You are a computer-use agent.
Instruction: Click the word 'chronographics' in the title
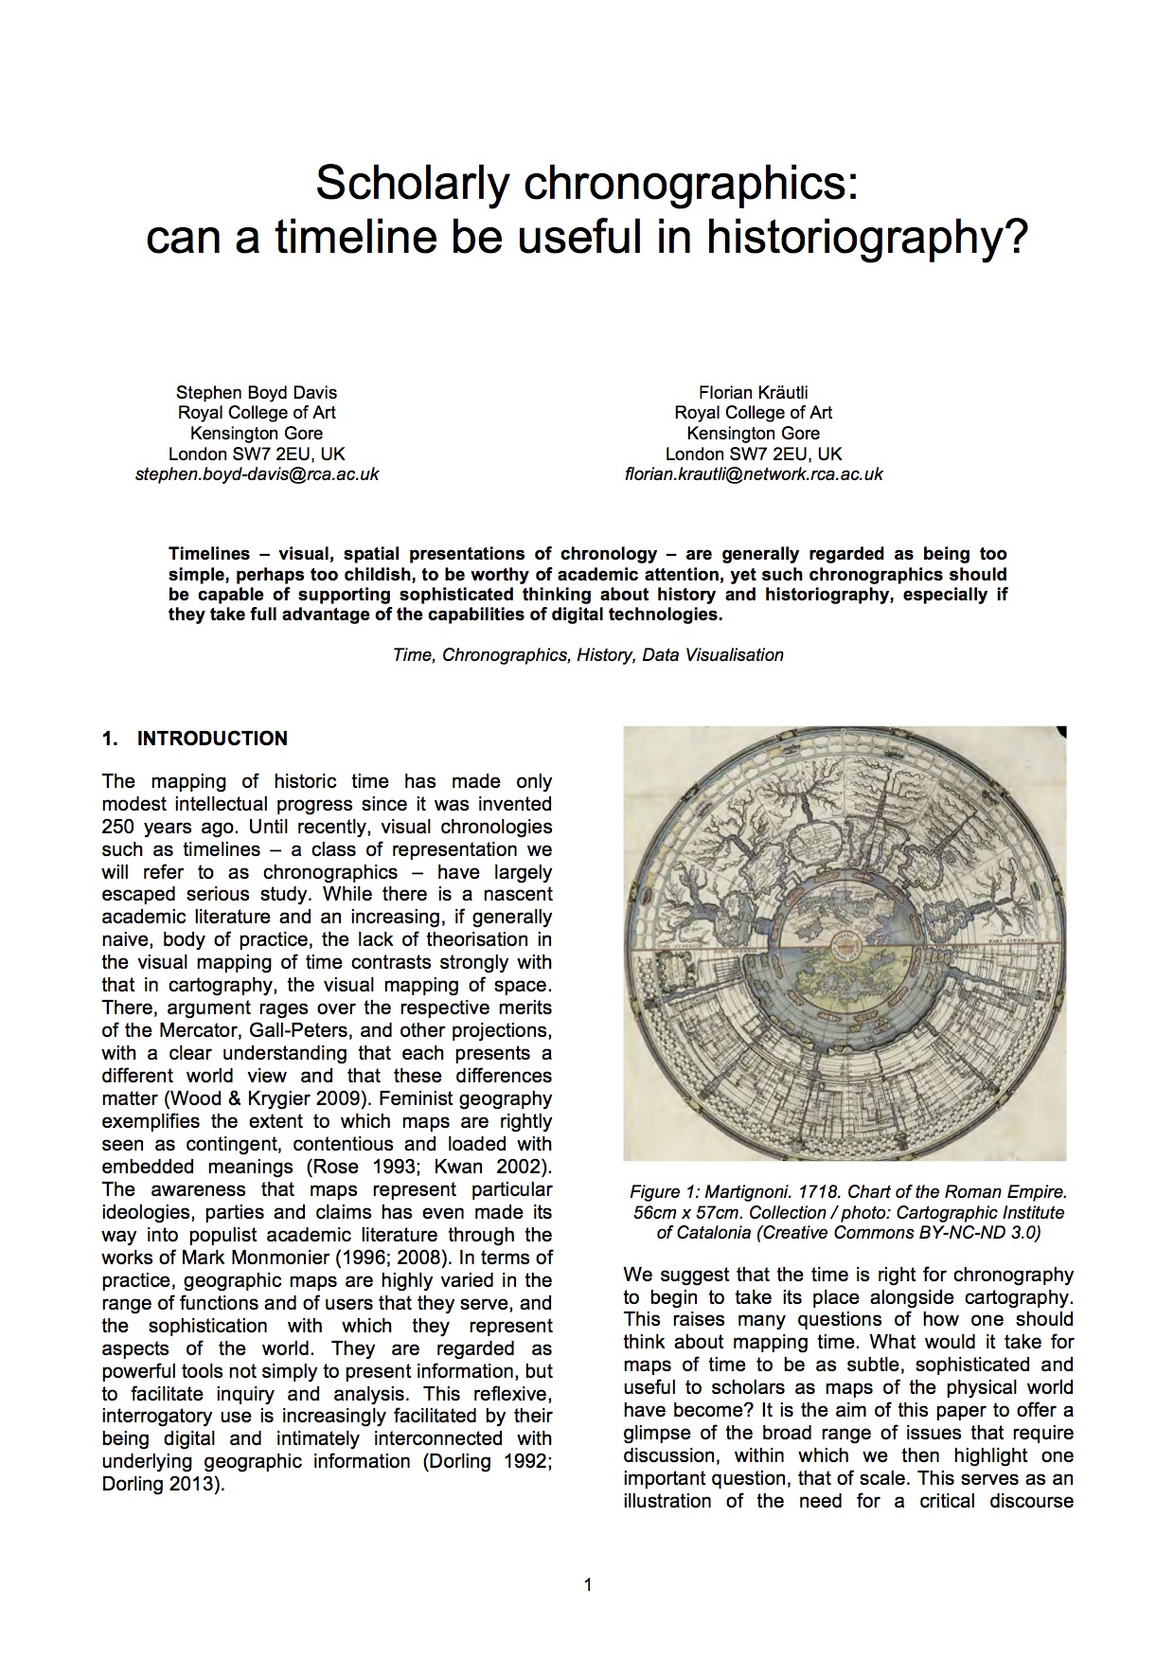click(x=688, y=183)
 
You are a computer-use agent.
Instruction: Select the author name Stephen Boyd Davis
click(x=257, y=392)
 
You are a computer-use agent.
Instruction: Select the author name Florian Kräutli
click(x=754, y=392)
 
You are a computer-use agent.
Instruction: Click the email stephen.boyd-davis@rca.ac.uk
click(x=257, y=474)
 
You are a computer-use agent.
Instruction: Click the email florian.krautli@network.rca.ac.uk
click(x=754, y=474)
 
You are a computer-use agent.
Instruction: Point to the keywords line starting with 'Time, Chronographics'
click(x=588, y=654)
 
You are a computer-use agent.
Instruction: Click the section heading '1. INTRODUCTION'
click(x=195, y=739)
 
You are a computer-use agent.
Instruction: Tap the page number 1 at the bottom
click(x=588, y=1585)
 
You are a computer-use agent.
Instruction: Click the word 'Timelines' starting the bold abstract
click(x=209, y=553)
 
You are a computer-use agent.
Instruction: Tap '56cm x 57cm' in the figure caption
click(x=678, y=1212)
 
